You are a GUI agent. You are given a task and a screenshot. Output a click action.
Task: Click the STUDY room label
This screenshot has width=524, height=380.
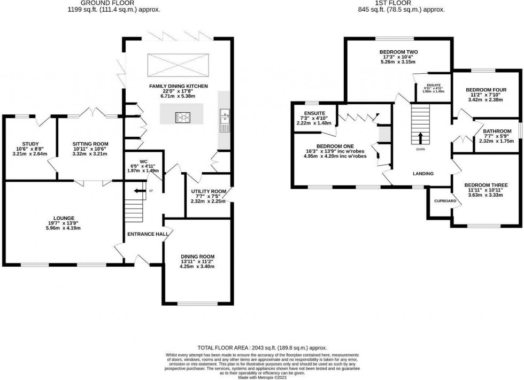point(24,143)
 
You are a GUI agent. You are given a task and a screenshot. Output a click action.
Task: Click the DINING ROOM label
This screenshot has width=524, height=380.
point(197,256)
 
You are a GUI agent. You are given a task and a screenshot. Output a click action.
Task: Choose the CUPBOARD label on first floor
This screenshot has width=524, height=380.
point(445,201)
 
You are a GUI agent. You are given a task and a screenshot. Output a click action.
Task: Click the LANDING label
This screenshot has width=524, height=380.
point(422,173)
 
